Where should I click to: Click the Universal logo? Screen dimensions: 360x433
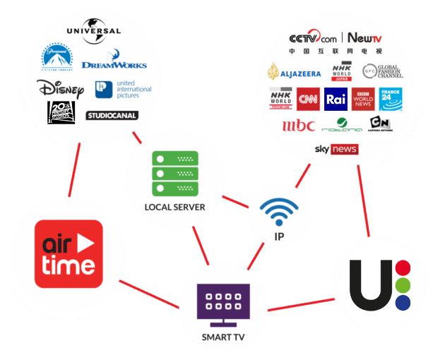93,31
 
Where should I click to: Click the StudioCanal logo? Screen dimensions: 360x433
111,115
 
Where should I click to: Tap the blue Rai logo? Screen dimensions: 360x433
334,100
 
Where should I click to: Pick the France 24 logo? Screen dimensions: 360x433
390,99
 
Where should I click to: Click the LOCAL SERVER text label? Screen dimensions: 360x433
174,207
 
